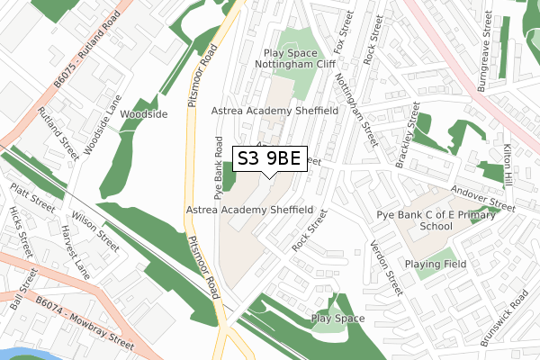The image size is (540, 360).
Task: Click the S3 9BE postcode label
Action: coord(270,159)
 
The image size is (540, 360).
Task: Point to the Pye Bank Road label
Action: coord(218,167)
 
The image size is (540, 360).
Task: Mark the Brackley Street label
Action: coord(408,136)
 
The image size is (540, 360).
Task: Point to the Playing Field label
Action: coord(436,264)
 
